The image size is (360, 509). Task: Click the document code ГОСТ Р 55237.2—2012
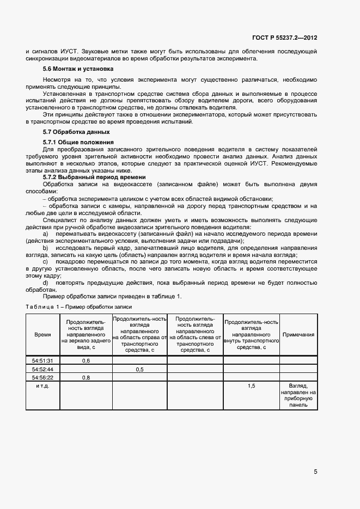pos(284,38)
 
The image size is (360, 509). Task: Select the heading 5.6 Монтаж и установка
pos(78,69)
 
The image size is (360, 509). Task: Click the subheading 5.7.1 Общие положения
pos(74,142)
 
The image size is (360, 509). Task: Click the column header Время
pos(42,335)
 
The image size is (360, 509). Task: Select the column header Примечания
pos(298,335)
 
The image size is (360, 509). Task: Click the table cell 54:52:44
pos(42,369)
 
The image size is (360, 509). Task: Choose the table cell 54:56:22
pos(42,377)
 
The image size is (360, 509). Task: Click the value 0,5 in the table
pos(139,369)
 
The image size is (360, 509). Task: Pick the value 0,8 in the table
pos(86,377)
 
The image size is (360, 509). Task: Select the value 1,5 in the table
pos(252,385)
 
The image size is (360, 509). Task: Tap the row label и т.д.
pos(42,385)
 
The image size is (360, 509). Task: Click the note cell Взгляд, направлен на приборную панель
pos(298,395)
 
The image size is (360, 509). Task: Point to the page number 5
pos(315,471)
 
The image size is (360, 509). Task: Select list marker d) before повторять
pos(45,283)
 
